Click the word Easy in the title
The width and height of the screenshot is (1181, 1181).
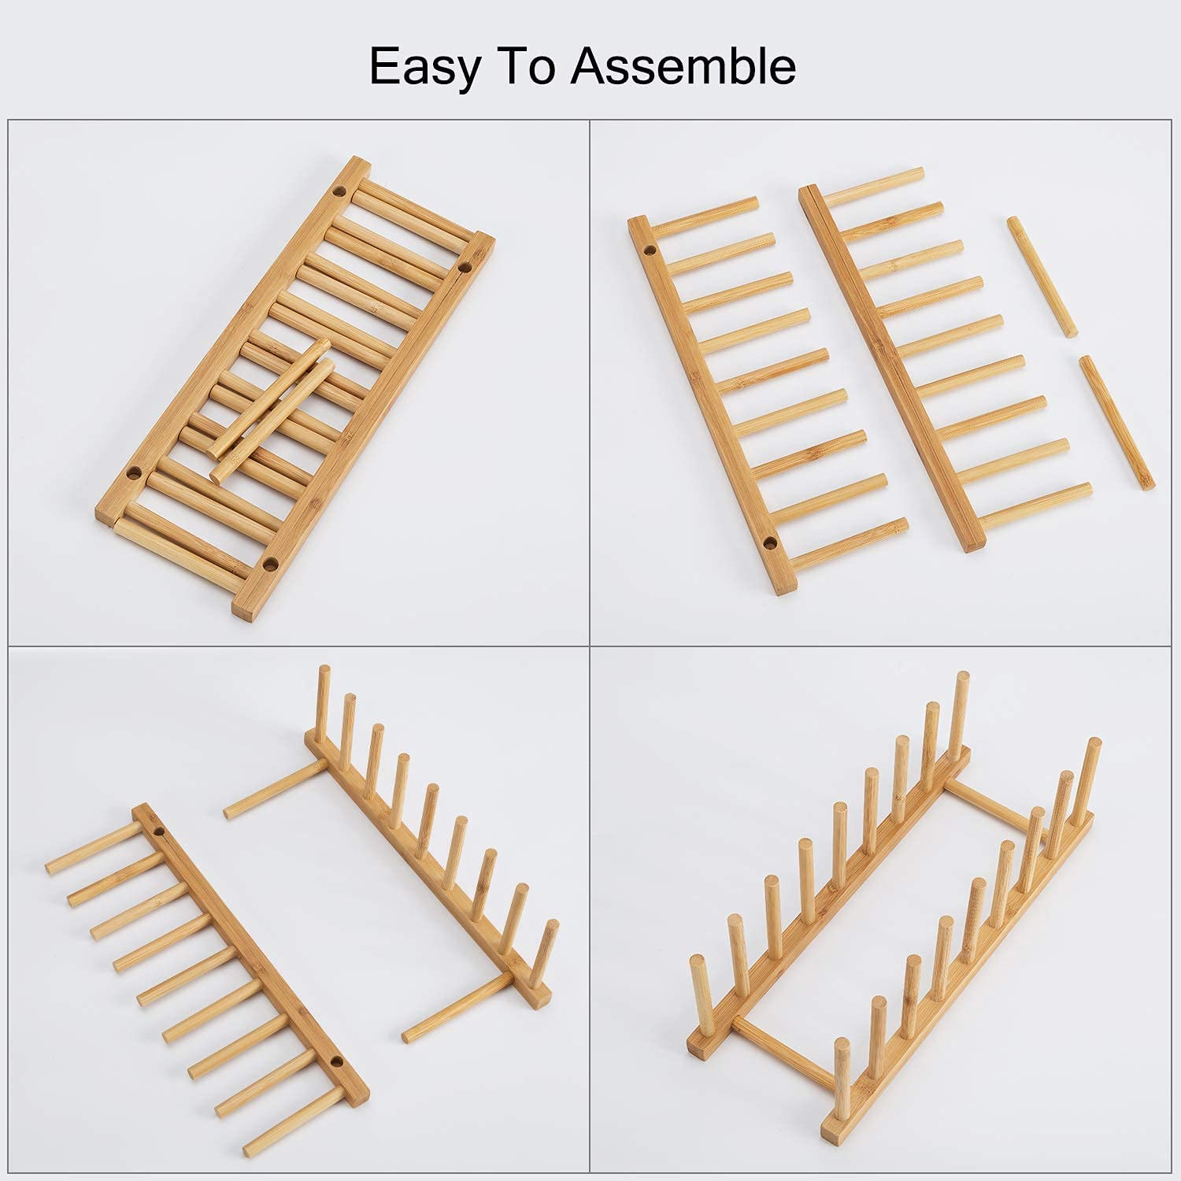coord(425,66)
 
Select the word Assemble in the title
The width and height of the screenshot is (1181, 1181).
coord(683,66)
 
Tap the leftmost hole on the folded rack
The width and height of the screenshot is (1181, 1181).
coord(133,475)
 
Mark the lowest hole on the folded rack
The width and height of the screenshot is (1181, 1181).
coord(270,564)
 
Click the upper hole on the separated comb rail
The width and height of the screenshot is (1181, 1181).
coord(650,250)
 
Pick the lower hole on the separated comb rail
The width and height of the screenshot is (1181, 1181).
coord(768,542)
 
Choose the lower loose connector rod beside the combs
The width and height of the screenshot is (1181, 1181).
coord(1116,421)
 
